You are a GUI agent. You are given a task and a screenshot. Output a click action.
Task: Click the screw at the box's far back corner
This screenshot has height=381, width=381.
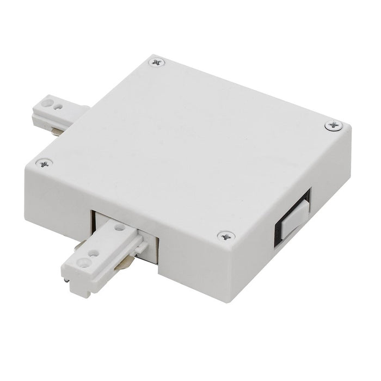(x=157, y=63)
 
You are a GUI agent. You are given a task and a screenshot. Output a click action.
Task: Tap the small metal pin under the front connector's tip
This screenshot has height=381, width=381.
(x=66, y=280)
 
